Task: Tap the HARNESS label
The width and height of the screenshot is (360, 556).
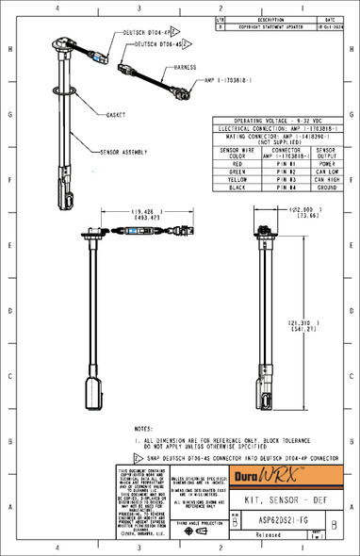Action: tap(187, 68)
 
